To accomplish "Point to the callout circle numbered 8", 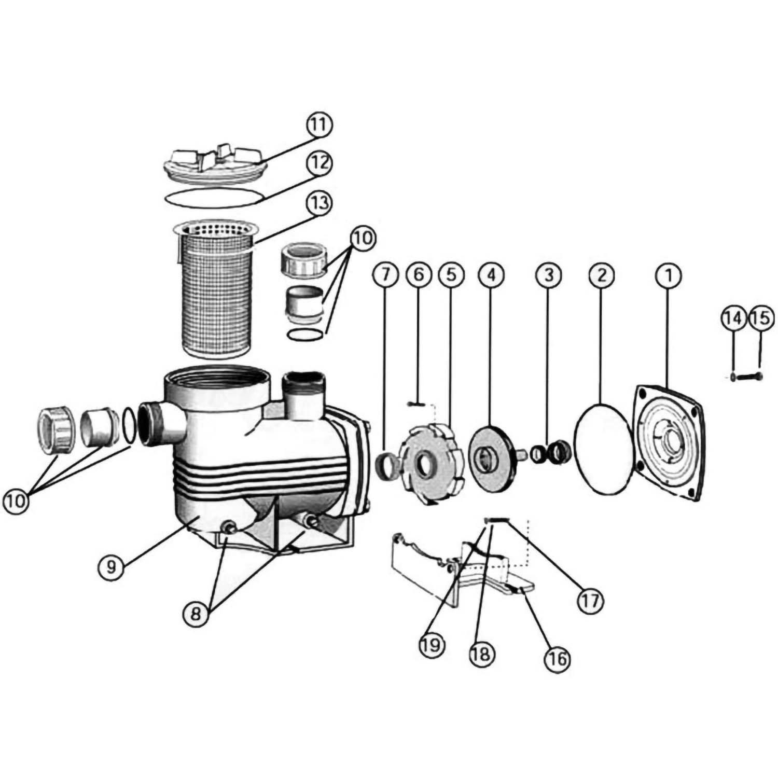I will (196, 614).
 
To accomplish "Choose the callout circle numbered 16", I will (557, 659).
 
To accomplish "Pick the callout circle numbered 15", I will (760, 318).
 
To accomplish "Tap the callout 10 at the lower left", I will (17, 501).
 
